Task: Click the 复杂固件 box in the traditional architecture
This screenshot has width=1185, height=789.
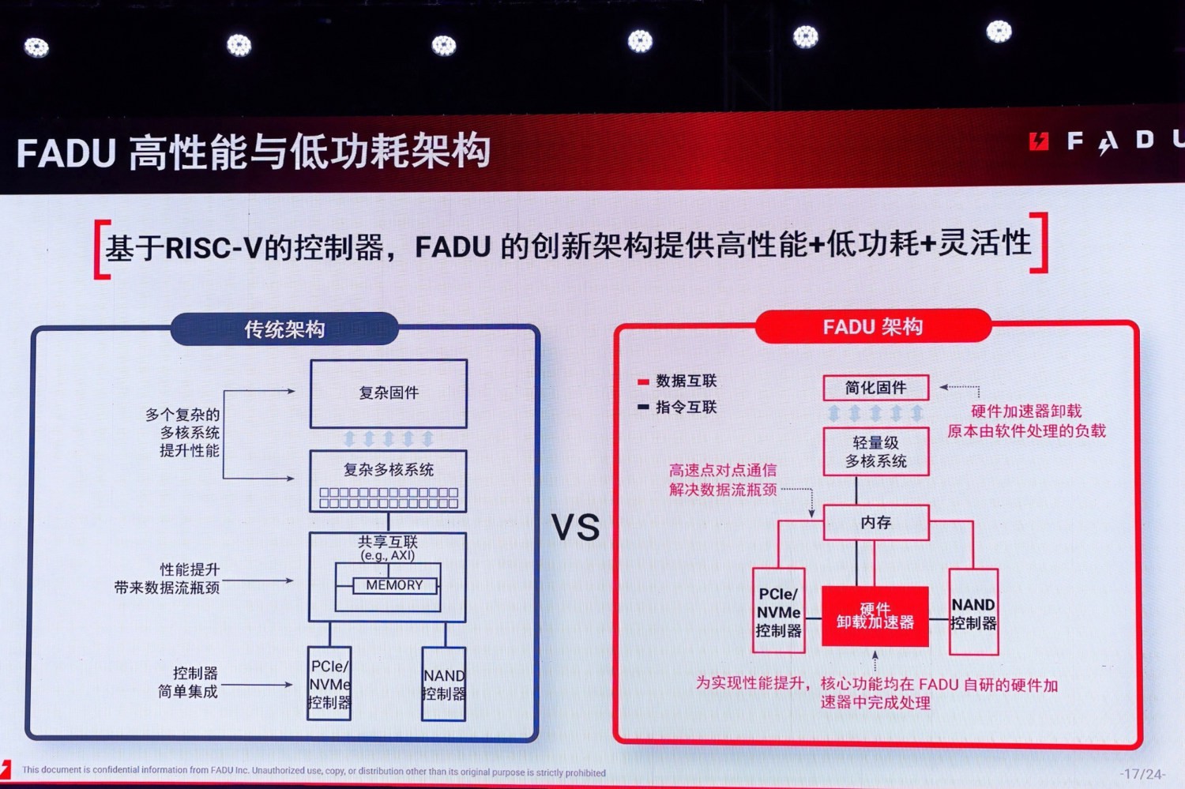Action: (389, 393)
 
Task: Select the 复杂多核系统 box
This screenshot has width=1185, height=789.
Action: (388, 480)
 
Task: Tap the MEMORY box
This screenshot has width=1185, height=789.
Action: (394, 585)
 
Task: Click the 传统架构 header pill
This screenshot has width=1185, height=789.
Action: (284, 329)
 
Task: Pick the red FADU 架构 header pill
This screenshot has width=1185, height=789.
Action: (873, 327)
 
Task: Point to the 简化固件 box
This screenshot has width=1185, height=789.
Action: (875, 388)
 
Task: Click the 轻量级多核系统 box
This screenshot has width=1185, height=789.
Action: (875, 452)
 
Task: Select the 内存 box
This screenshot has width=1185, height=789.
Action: (875, 523)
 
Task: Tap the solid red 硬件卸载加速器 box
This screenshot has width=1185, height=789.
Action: (875, 616)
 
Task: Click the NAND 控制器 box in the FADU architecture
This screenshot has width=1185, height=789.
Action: (973, 613)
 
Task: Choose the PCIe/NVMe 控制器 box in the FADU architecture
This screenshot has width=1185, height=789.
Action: (779, 611)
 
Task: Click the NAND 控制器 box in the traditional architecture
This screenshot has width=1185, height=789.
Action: (444, 684)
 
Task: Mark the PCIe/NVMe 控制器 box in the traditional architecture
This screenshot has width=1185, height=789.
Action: (329, 684)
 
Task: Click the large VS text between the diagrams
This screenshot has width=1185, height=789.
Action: (575, 528)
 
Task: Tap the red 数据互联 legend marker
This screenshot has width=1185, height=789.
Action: (643, 382)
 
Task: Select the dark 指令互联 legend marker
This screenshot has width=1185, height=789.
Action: (643, 408)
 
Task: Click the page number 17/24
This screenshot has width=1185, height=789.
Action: (1142, 774)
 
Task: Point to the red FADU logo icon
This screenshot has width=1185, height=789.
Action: (1039, 141)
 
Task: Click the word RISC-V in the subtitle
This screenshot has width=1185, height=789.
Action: (213, 248)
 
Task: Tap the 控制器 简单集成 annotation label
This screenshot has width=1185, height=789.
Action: (188, 682)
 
